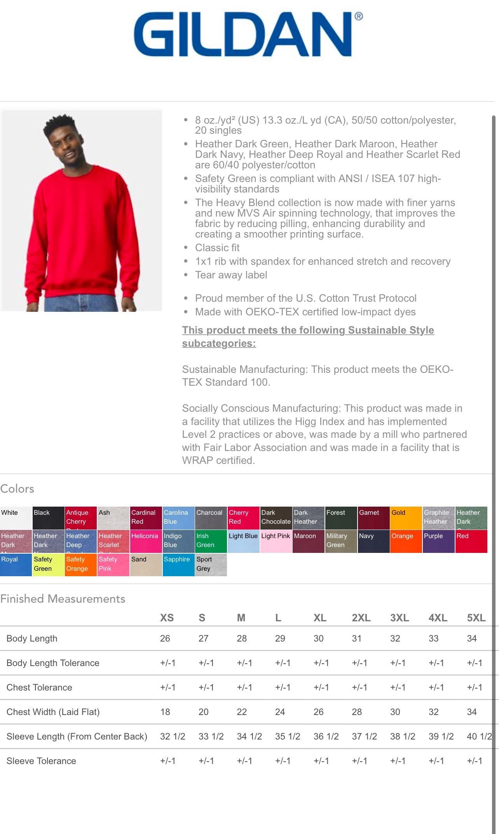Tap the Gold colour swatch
tap(406, 518)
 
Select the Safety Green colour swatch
tap(48, 564)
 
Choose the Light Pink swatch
tap(276, 541)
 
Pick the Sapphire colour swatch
tap(178, 564)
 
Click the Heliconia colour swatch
tap(146, 541)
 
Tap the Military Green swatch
tap(341, 541)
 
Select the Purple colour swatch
tap(438, 541)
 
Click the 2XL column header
tap(361, 618)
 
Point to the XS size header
tap(167, 618)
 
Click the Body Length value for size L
tap(280, 638)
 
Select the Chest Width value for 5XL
tap(472, 712)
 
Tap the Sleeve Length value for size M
tap(249, 736)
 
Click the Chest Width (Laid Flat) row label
tap(53, 712)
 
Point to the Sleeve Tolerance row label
tap(41, 761)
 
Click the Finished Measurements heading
tap(63, 599)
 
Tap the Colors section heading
tap(17, 489)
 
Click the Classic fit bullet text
tap(217, 248)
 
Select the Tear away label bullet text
tap(231, 275)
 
